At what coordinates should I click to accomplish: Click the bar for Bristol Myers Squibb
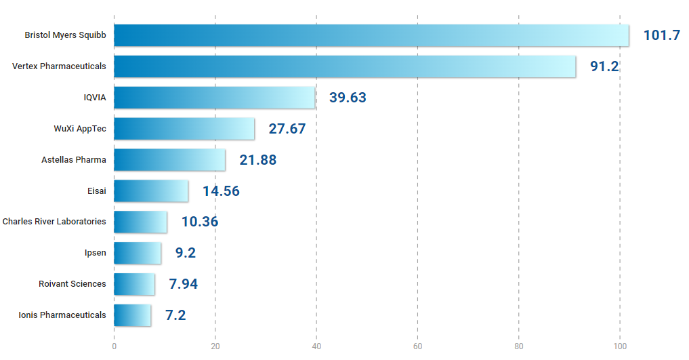(x=371, y=35)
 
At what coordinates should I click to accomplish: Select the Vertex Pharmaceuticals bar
(x=345, y=66)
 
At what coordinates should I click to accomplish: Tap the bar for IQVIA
(x=215, y=98)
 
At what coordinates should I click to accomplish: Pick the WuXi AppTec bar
(x=184, y=129)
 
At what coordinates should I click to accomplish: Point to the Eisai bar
(x=151, y=191)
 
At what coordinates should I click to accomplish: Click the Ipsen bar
(x=138, y=253)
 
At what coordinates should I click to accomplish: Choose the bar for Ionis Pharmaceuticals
(x=132, y=315)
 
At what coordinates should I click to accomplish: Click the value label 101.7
(x=661, y=35)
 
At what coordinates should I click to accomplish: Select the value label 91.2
(x=604, y=66)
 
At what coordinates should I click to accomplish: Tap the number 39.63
(x=348, y=98)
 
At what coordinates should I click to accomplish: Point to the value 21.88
(x=257, y=160)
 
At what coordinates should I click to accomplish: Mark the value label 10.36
(x=199, y=222)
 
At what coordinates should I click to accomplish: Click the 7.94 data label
(x=183, y=284)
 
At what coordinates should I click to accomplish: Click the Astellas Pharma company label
(x=74, y=160)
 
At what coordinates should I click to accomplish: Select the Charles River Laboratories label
(x=54, y=222)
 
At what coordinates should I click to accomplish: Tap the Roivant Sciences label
(x=72, y=284)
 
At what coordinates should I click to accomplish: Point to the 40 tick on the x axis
(x=316, y=346)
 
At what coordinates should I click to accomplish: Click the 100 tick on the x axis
(x=620, y=346)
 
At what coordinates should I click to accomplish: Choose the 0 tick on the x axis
(x=114, y=346)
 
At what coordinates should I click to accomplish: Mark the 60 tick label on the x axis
(x=417, y=346)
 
